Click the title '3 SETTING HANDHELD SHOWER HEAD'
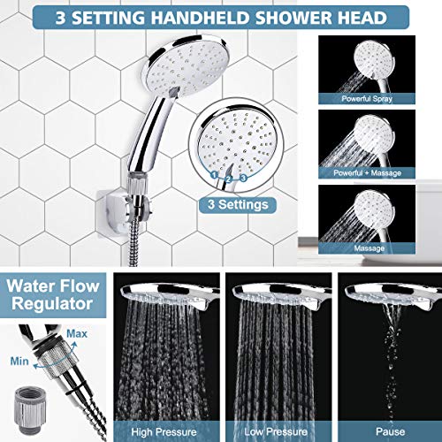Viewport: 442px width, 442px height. [x=221, y=18]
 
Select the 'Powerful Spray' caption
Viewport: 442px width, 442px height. [x=383, y=98]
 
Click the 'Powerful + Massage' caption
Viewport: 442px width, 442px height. [x=383, y=173]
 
